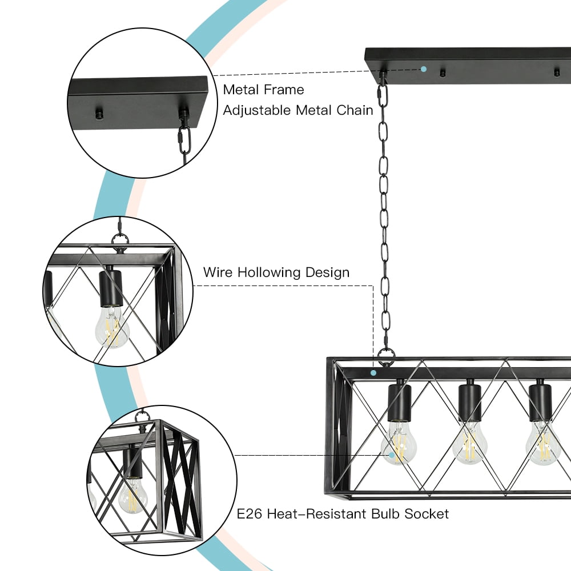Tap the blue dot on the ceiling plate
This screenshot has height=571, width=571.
[x=424, y=69]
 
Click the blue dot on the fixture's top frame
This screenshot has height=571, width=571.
[x=373, y=372]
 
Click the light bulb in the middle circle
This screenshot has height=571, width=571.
[x=112, y=328]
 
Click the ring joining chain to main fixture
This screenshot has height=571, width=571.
[x=385, y=356]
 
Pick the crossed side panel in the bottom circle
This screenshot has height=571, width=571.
[x=182, y=480]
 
